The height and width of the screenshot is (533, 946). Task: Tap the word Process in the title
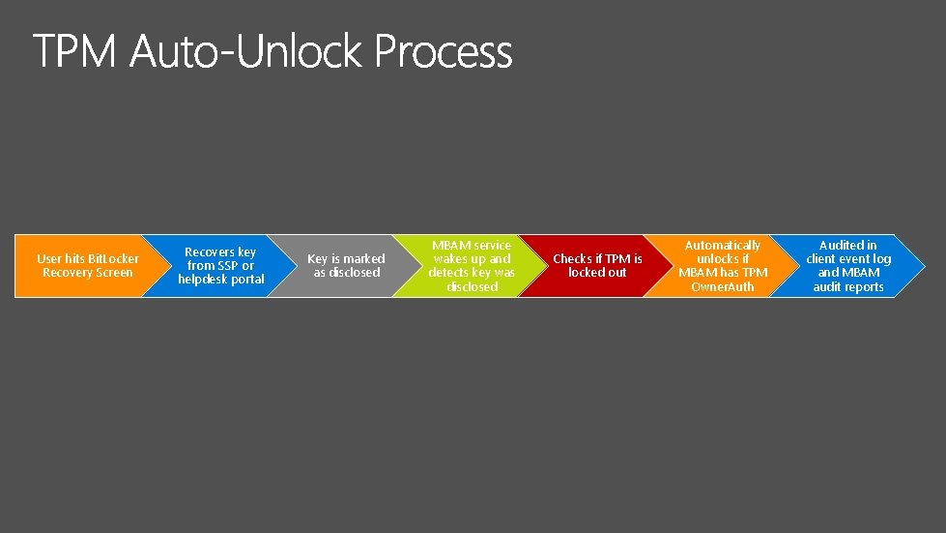click(x=444, y=53)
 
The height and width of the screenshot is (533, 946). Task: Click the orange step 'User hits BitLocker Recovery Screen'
click(x=82, y=265)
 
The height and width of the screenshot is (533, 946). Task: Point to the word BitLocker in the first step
click(x=113, y=258)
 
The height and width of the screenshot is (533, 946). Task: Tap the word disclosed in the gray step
click(x=354, y=273)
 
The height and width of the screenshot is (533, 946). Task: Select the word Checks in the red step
click(x=572, y=258)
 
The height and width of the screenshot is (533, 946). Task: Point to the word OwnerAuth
click(x=723, y=286)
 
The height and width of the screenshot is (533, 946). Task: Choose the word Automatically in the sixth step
click(x=723, y=245)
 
